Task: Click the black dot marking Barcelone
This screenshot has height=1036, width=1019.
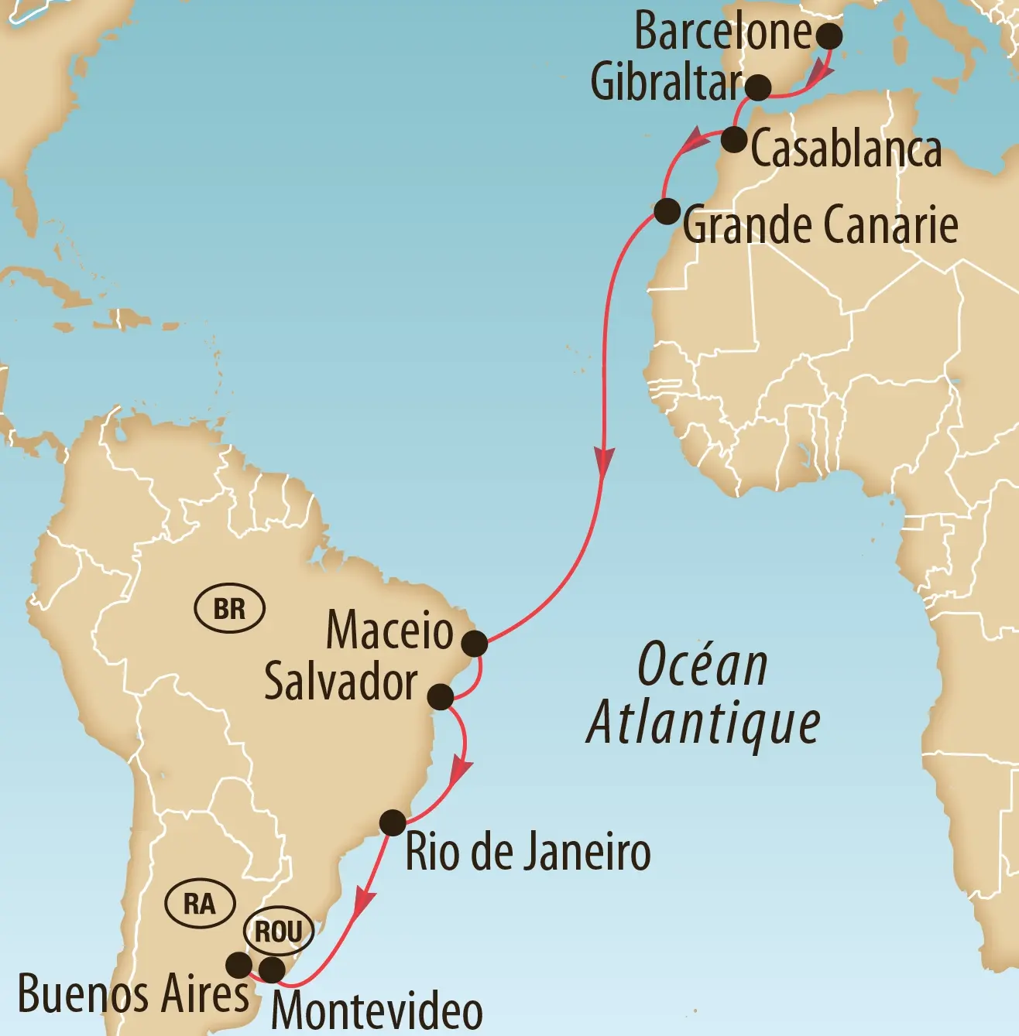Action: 829,36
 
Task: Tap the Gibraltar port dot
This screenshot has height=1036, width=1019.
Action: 758,87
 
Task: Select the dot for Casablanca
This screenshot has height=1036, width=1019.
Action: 733,140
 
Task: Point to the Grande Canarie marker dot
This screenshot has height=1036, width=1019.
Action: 667,211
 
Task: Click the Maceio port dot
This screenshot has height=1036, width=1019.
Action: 475,643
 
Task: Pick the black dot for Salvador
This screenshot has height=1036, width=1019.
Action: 441,696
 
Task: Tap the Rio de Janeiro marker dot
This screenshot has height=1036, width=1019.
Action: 393,822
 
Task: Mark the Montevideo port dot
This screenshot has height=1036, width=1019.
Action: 271,969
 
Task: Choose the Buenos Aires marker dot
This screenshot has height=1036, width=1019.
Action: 238,965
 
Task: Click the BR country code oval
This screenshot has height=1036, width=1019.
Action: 229,609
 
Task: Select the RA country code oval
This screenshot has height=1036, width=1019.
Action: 200,903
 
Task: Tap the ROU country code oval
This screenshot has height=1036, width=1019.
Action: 279,932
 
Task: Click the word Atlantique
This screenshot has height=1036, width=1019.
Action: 703,723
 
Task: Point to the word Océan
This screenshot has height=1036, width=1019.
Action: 702,665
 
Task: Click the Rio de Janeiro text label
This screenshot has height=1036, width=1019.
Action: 528,852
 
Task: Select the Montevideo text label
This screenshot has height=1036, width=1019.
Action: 377,1010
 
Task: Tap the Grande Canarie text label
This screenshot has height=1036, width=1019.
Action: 820,225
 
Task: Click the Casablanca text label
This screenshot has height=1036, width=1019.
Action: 846,149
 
